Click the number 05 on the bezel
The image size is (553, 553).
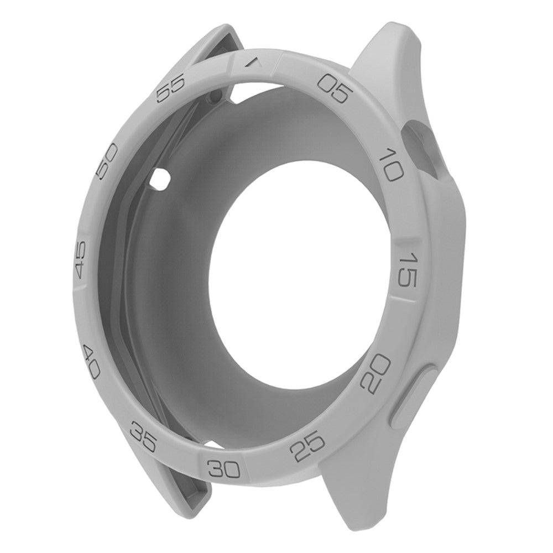tap(335, 89)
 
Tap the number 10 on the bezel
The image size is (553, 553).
tap(392, 165)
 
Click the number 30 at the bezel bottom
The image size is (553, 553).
tap(224, 468)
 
